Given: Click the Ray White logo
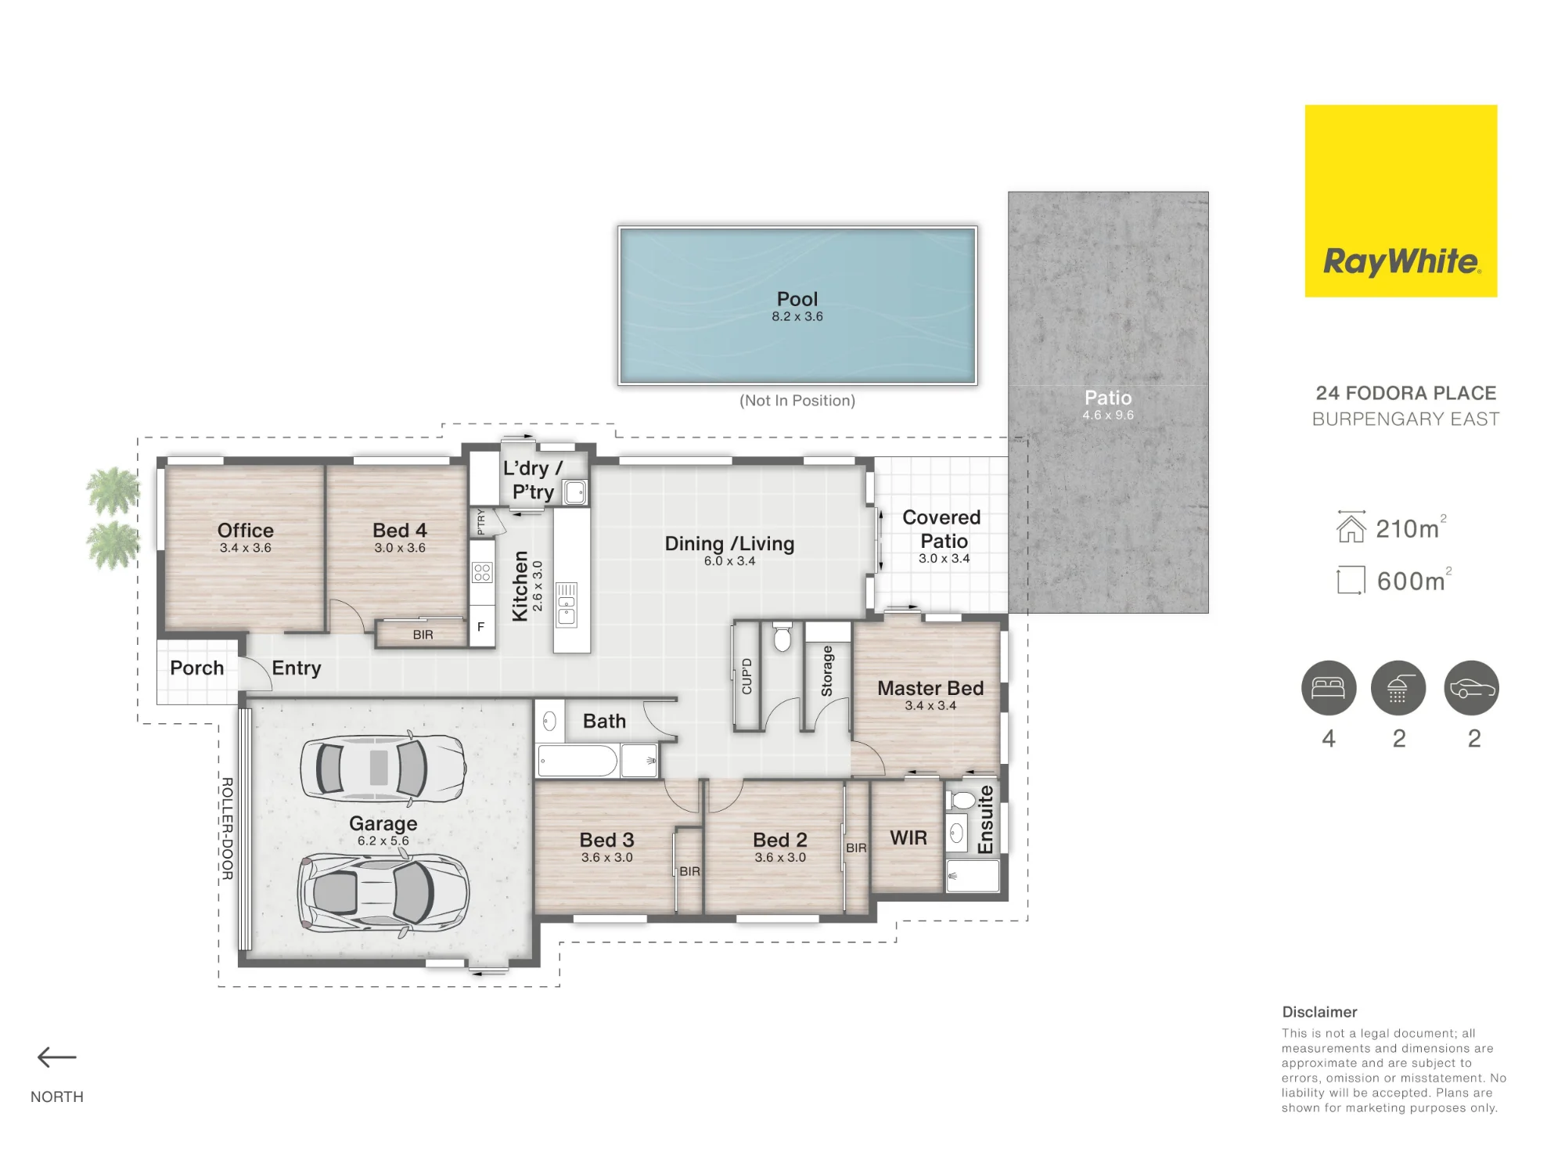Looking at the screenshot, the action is pyautogui.click(x=1401, y=201).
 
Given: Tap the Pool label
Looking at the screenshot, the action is pyautogui.click(x=797, y=299).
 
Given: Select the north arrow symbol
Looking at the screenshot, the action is pyautogui.click(x=57, y=1057).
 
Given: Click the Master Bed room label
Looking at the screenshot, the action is pyautogui.click(x=930, y=688).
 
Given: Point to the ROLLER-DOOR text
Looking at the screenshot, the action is pyautogui.click(x=227, y=828).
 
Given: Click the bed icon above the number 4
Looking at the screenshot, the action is pyautogui.click(x=1329, y=688).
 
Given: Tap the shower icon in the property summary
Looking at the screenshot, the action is pyautogui.click(x=1398, y=688).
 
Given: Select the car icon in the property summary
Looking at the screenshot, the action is pyautogui.click(x=1472, y=688).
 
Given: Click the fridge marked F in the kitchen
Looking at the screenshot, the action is pyautogui.click(x=481, y=626).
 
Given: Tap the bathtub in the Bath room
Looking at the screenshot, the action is pyautogui.click(x=578, y=761).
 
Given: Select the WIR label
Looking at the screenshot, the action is pyautogui.click(x=908, y=838).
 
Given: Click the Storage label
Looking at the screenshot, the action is pyautogui.click(x=827, y=671).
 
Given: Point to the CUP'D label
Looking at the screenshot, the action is pyautogui.click(x=747, y=676).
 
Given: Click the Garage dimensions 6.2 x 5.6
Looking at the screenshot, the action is pyautogui.click(x=383, y=841).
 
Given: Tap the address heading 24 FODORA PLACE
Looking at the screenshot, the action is pyautogui.click(x=1406, y=393).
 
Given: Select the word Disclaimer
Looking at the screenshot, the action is pyautogui.click(x=1319, y=1012).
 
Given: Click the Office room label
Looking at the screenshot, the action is pyautogui.click(x=246, y=530).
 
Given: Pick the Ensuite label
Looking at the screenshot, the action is pyautogui.click(x=986, y=819).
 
